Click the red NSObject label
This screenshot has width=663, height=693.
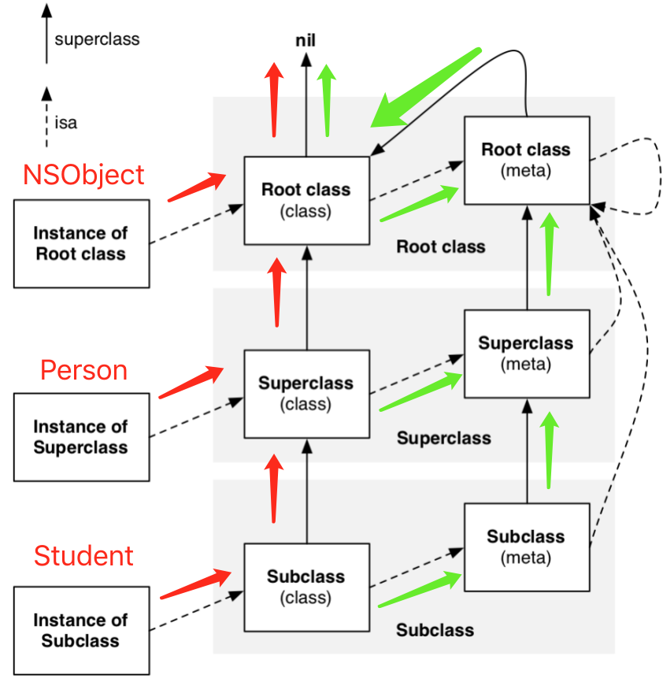point(83,174)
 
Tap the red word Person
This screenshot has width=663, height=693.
point(83,369)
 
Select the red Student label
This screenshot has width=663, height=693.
point(83,556)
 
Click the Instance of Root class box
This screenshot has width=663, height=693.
point(81,243)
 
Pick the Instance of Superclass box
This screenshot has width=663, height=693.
point(81,437)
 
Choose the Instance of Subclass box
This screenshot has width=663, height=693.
point(81,630)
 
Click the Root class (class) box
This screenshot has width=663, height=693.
point(306,200)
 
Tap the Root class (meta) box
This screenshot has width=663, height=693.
point(526,160)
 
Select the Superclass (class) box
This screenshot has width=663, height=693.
point(306,394)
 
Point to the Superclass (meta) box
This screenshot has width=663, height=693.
point(526,354)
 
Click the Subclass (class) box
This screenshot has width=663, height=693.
point(306,587)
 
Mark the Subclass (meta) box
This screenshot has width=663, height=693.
point(526,547)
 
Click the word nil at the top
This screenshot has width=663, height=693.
point(306,40)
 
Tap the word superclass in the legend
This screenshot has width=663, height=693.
point(98,39)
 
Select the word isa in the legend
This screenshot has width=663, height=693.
point(66,123)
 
